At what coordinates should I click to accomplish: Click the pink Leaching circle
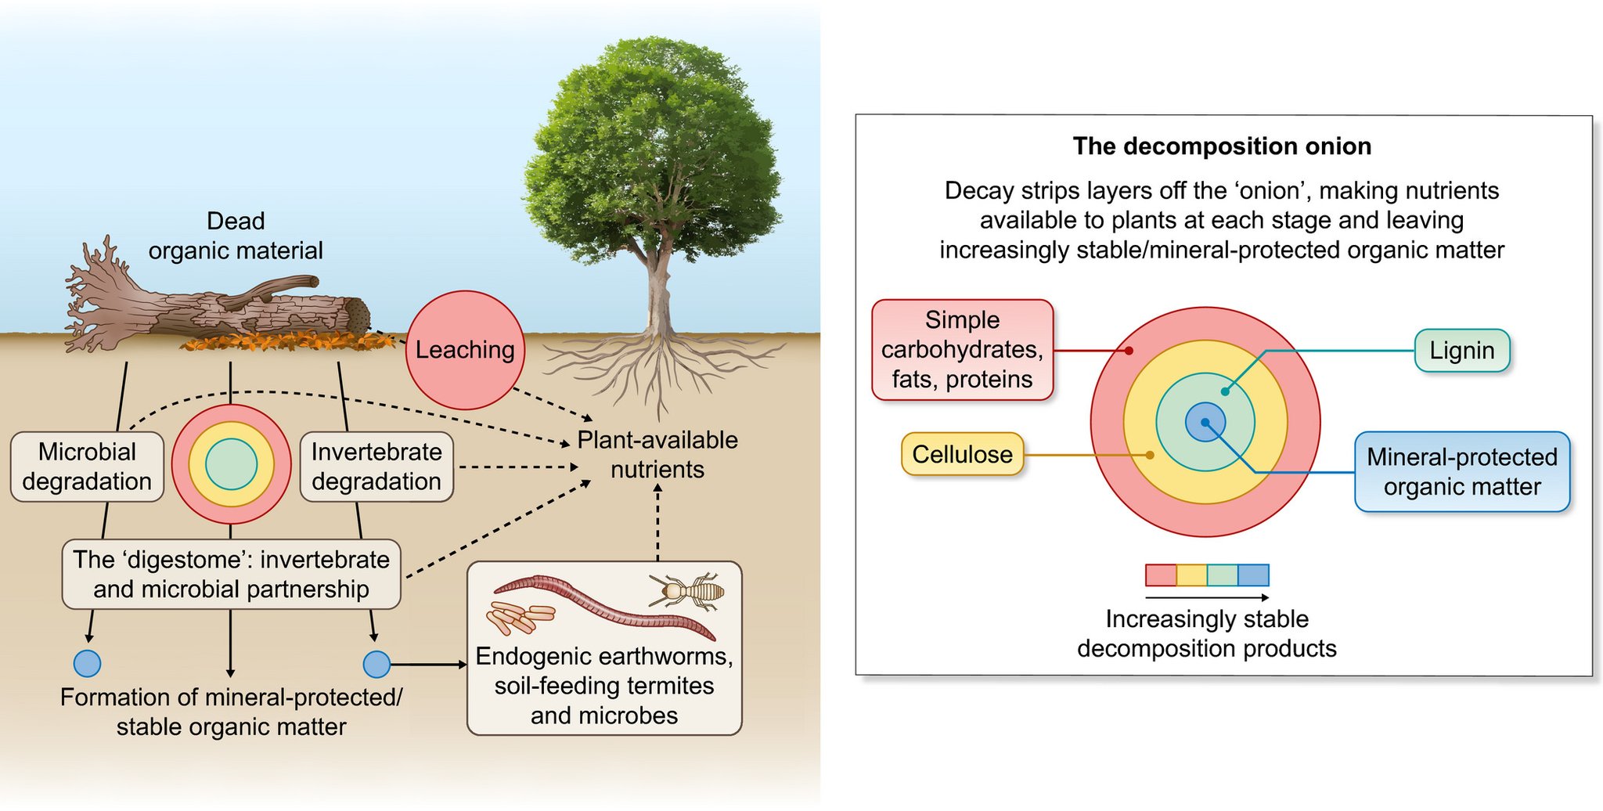point(465,350)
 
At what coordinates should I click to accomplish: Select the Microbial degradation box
point(87,467)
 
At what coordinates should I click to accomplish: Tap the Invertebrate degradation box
point(376,467)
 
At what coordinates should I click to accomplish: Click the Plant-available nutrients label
point(657,455)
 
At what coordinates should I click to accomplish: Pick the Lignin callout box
point(1461,351)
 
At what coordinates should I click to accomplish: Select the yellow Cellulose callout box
point(962,454)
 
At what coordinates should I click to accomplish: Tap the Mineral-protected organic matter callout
point(1461,472)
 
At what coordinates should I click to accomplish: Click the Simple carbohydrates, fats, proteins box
point(962,350)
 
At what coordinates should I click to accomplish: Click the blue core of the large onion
point(1205,422)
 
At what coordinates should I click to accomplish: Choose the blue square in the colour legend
point(1253,575)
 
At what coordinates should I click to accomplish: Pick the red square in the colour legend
point(1161,575)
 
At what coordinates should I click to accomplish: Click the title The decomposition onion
point(1222,146)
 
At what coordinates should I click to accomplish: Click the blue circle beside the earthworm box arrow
point(377,665)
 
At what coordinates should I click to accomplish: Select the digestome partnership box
point(231,574)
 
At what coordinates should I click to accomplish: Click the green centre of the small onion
point(231,464)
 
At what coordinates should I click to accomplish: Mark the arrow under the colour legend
point(1206,598)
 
